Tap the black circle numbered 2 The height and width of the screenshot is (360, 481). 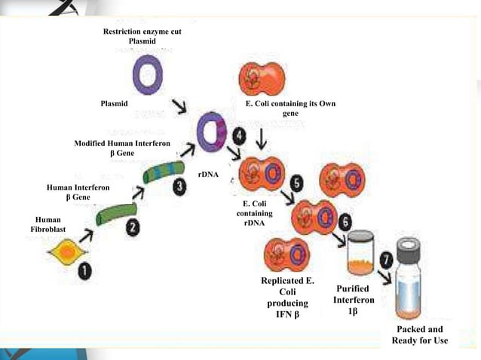[x=132, y=225]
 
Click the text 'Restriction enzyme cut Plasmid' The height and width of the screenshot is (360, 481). [x=142, y=36]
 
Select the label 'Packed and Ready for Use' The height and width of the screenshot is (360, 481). [x=420, y=335]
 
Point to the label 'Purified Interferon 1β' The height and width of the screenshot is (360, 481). [x=353, y=300]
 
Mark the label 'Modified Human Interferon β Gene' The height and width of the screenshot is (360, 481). [x=121, y=148]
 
